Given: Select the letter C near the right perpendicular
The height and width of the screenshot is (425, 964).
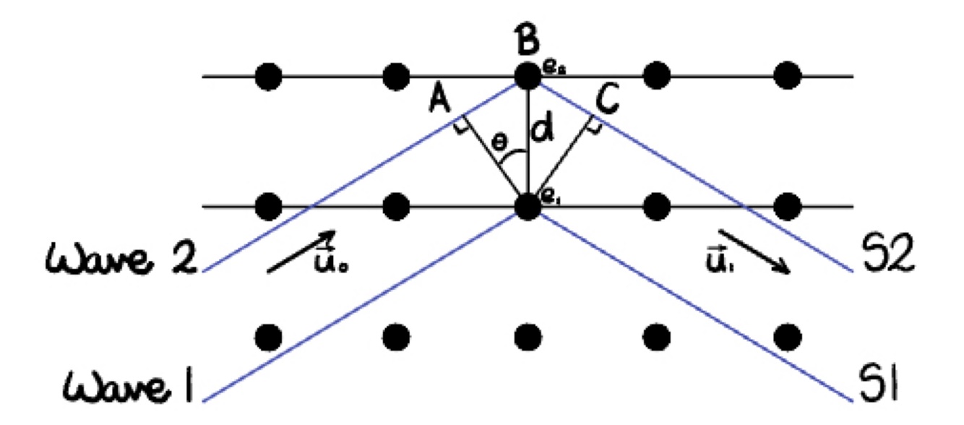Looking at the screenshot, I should coord(608,100).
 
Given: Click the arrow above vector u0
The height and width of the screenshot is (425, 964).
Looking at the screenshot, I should coord(301,251).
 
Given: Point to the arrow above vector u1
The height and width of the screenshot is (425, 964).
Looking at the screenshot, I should coord(754,252).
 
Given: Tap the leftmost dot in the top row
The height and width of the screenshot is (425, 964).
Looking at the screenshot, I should coord(268,75).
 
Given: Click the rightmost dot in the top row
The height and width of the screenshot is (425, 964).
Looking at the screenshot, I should coord(787,75).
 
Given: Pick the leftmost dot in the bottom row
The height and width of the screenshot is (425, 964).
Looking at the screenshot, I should coord(268,336).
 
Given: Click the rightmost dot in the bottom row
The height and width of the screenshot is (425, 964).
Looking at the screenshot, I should coord(787,336).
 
